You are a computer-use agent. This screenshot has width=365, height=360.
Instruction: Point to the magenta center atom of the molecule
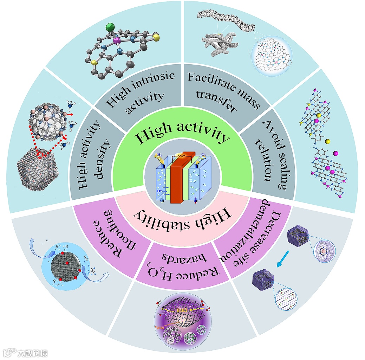coord(116,42)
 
